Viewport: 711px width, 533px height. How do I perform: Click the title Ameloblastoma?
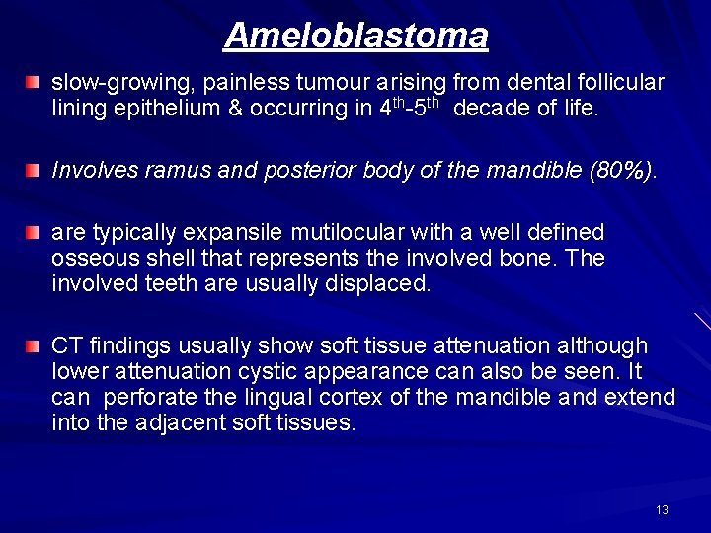(x=355, y=37)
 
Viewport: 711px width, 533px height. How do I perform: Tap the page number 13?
(x=662, y=509)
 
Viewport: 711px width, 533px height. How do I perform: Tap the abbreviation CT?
(x=66, y=345)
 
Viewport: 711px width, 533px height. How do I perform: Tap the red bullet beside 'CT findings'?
(x=34, y=346)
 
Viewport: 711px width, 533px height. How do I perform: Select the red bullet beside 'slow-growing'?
(x=34, y=80)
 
